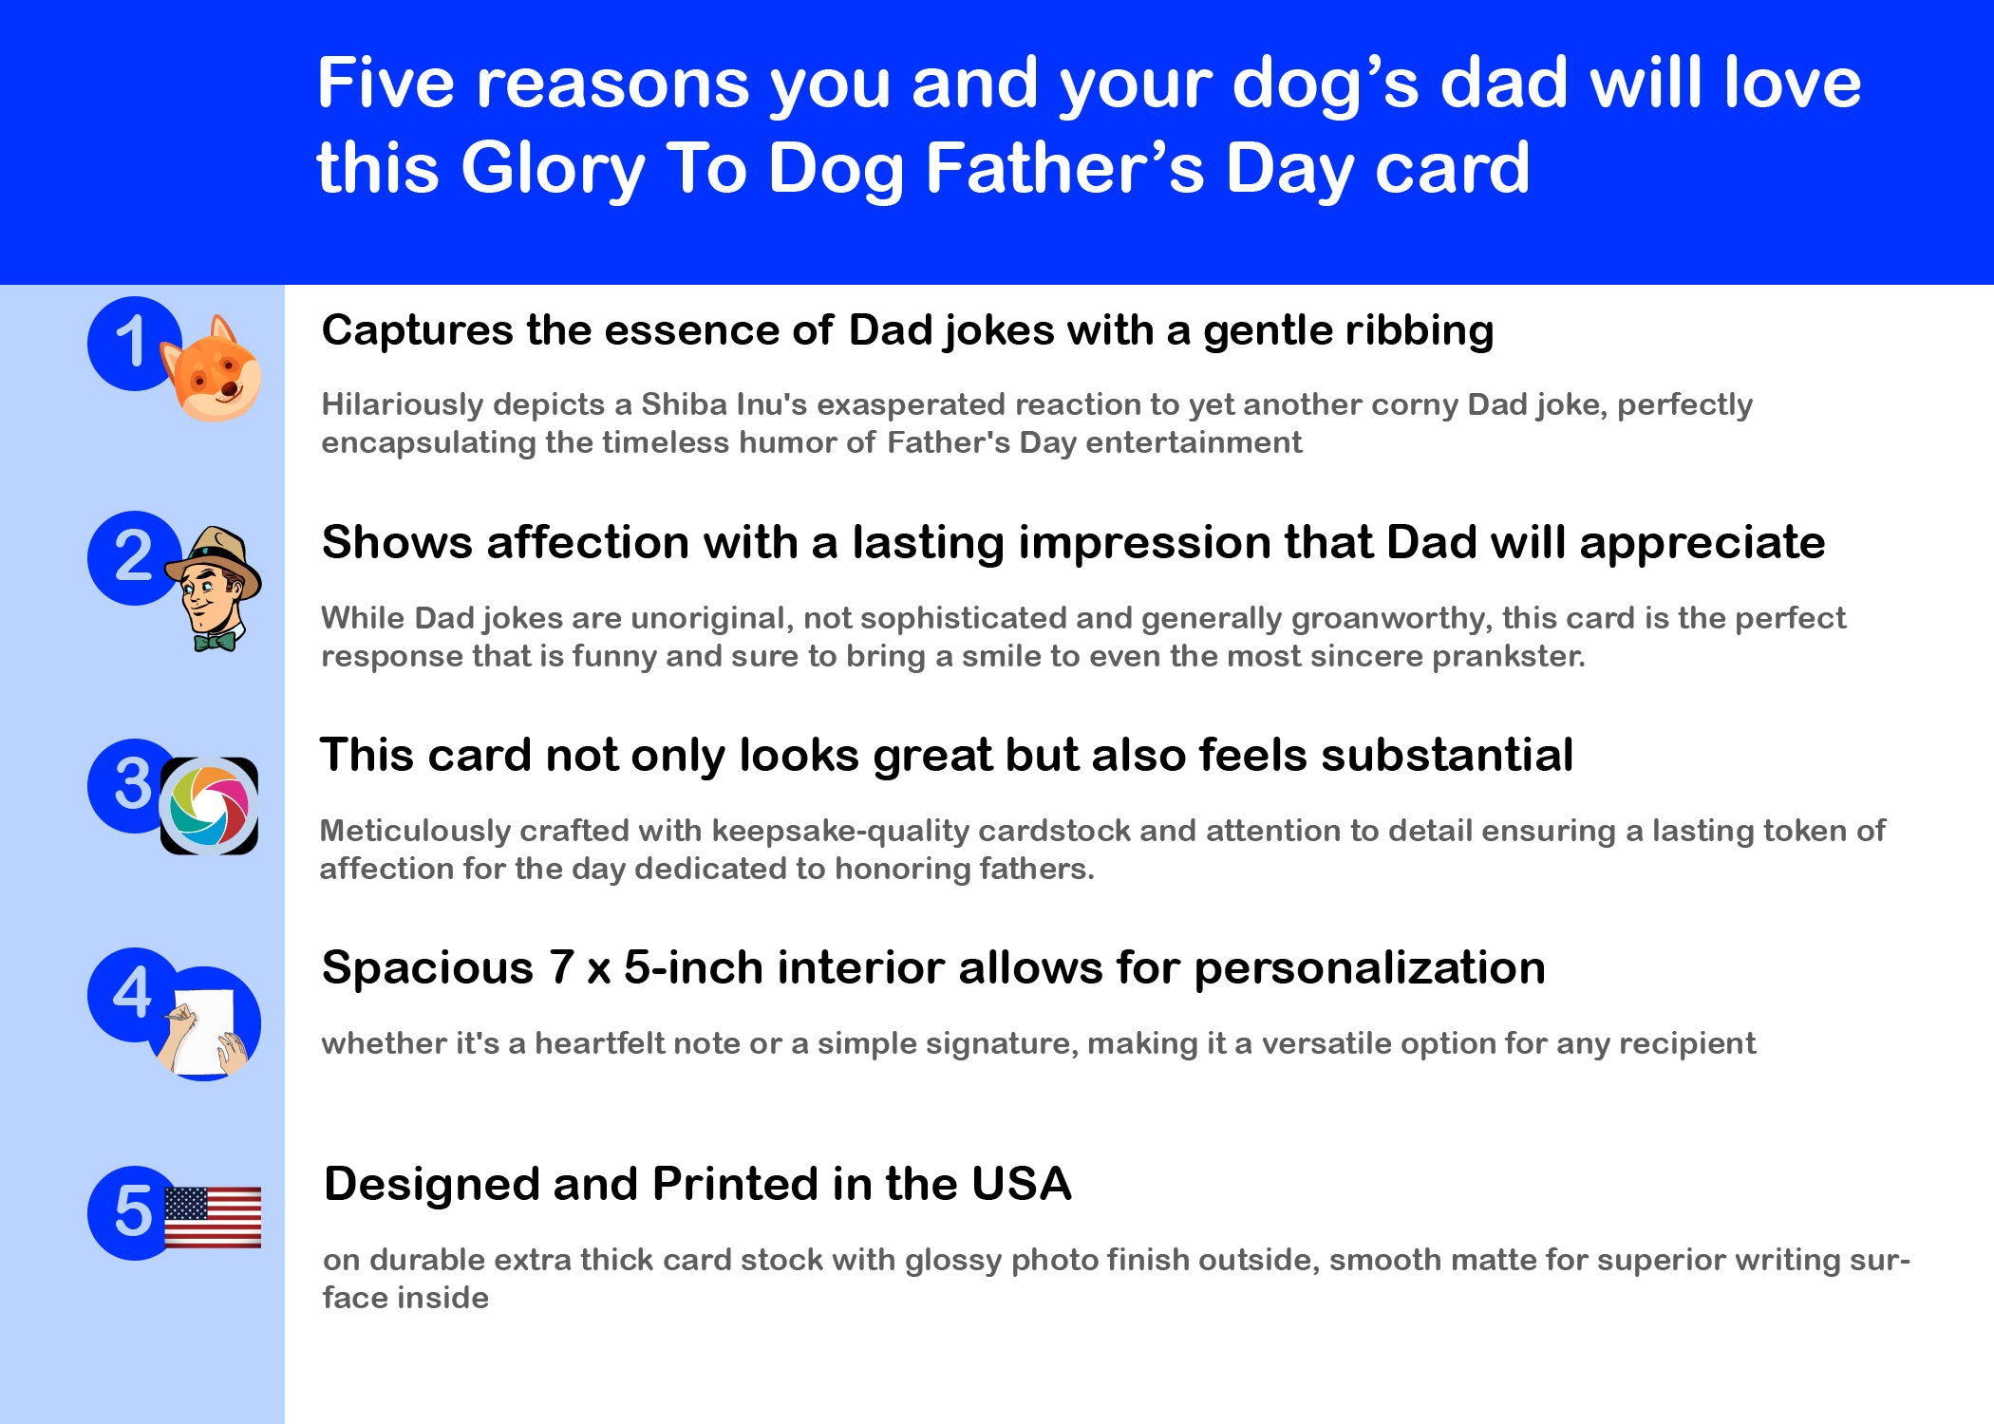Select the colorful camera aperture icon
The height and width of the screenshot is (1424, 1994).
[209, 806]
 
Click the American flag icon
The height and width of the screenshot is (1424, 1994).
[213, 1217]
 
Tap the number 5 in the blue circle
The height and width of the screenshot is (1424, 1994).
[133, 1211]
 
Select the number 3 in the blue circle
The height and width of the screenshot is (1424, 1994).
[133, 784]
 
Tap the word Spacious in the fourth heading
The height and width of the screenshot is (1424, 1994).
[427, 968]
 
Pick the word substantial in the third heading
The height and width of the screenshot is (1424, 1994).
[1447, 756]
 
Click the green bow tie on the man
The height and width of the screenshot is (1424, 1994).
[215, 642]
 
